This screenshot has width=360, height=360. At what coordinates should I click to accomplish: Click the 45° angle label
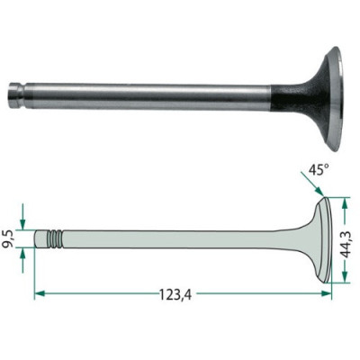(x=317, y=170)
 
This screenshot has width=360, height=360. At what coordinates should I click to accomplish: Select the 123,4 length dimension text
(x=175, y=294)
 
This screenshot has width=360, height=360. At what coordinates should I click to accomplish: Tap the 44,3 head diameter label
(x=347, y=240)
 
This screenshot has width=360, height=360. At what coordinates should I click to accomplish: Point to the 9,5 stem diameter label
(x=8, y=238)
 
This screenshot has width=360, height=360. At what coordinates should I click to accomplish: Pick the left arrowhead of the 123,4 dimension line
(x=40, y=293)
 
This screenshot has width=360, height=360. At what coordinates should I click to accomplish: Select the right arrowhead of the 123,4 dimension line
(x=326, y=293)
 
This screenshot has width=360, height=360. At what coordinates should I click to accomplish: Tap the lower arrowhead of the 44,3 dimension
(x=345, y=276)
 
